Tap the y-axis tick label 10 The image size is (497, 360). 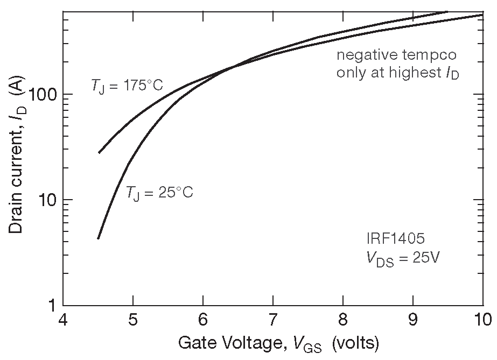48,200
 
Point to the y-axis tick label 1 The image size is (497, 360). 53,305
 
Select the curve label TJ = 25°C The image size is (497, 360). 159,192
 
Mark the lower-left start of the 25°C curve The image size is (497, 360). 98,238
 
